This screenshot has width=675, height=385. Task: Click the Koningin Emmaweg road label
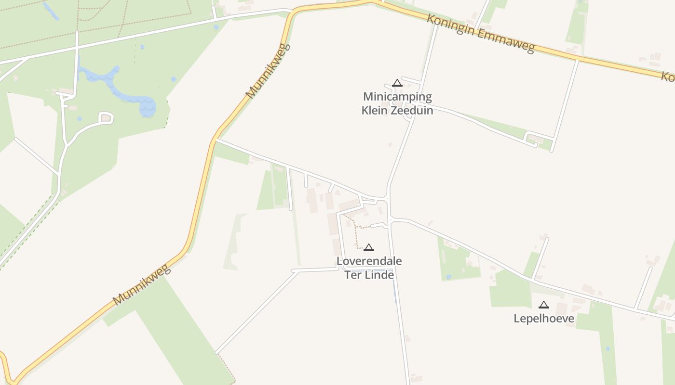(x=481, y=33)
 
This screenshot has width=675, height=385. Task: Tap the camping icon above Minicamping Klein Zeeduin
(x=397, y=83)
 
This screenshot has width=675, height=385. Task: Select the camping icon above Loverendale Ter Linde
(x=369, y=247)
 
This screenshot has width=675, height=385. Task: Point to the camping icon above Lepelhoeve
(x=544, y=304)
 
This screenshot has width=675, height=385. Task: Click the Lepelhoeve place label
(x=544, y=319)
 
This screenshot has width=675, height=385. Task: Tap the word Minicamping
(x=397, y=97)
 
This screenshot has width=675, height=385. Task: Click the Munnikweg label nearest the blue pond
(x=268, y=72)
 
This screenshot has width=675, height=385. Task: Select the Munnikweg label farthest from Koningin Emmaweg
(x=142, y=284)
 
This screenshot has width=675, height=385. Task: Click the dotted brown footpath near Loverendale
(x=357, y=231)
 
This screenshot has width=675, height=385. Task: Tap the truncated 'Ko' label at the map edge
(x=667, y=77)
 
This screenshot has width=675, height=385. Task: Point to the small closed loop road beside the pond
(x=106, y=117)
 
